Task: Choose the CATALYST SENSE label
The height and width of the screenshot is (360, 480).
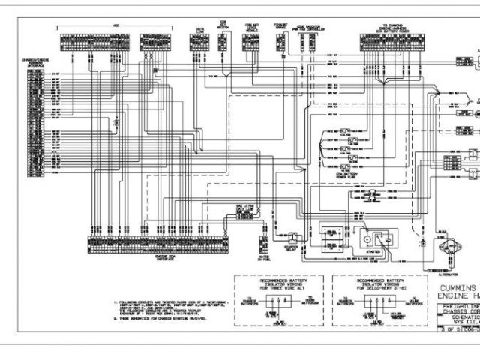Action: pos(281,25)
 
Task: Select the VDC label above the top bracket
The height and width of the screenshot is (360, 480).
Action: pos(115,25)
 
